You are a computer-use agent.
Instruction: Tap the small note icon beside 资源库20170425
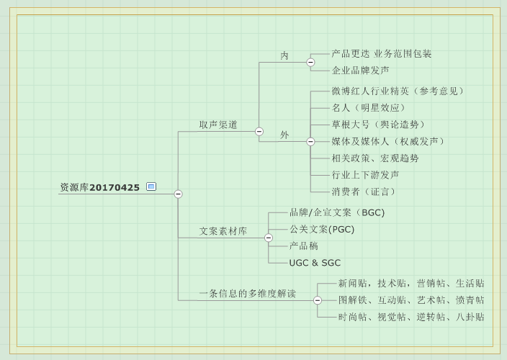coord(151,186)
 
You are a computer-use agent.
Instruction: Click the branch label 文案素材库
coord(223,232)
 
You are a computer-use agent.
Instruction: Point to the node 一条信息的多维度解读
coord(247,294)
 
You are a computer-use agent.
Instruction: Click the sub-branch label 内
coord(284,55)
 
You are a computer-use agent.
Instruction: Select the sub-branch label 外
coord(284,135)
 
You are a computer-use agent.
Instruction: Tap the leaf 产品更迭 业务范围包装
coord(381,54)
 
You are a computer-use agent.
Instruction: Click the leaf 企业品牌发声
coord(360,71)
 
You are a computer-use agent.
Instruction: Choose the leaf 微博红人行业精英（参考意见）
coord(398,91)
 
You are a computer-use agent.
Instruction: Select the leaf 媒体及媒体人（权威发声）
coord(387,141)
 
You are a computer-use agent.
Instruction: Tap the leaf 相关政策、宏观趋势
coord(374,158)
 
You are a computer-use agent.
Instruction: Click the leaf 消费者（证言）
coord(363,192)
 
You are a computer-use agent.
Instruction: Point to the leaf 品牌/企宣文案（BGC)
coord(336,213)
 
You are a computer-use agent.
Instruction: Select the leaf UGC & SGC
coord(315,263)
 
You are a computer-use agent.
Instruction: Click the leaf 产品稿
coord(303,246)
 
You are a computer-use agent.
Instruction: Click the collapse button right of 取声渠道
coord(259,131)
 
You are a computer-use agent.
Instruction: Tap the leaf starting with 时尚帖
coord(410,317)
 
